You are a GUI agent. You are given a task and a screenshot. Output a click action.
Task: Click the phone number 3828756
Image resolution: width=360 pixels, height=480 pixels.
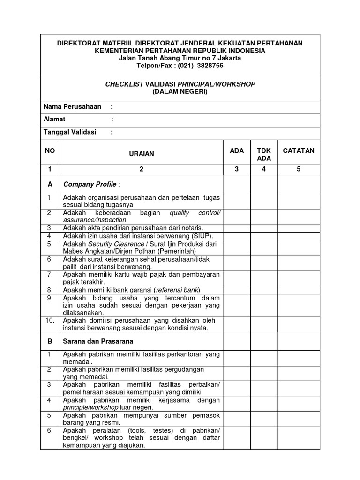pyautogui.click(x=210, y=66)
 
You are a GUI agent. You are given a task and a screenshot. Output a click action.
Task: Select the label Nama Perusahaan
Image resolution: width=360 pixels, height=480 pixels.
pyautogui.click(x=72, y=107)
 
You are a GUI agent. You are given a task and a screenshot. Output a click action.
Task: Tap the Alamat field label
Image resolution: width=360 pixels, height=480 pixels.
pyautogui.click(x=54, y=119)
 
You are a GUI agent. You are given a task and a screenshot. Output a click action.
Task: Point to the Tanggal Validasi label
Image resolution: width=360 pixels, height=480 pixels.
pyautogui.click(x=70, y=132)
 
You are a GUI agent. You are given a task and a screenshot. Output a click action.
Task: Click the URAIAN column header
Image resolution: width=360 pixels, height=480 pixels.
pyautogui.click(x=142, y=154)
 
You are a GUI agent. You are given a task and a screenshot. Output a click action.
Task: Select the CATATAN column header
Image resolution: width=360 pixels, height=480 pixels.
pyautogui.click(x=299, y=150)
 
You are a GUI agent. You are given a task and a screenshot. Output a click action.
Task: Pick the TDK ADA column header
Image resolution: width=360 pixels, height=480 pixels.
pyautogui.click(x=264, y=155)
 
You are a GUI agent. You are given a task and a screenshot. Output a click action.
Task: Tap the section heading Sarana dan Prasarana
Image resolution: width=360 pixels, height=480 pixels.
pyautogui.click(x=98, y=341)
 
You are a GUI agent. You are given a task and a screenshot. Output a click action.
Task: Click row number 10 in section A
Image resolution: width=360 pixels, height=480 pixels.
pyautogui.click(x=50, y=321)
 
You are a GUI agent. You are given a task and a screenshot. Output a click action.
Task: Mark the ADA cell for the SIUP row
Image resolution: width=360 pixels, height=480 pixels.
pyautogui.click(x=237, y=236)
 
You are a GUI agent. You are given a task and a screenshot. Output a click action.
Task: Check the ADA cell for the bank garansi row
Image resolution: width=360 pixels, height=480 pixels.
pyautogui.click(x=237, y=290)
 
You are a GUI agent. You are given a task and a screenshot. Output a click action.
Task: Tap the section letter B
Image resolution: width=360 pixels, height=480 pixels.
pyautogui.click(x=50, y=341)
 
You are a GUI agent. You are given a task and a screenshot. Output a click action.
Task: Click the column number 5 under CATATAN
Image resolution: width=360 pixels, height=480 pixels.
pyautogui.click(x=299, y=169)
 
